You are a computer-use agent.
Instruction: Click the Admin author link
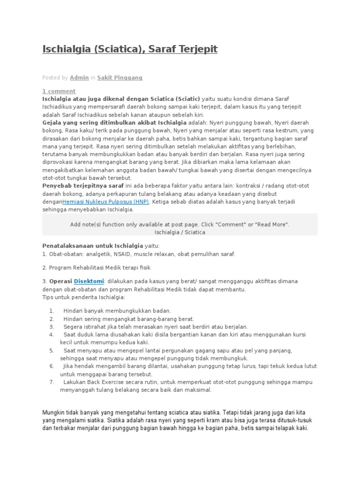point(79,77)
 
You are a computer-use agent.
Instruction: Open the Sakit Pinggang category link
point(120,77)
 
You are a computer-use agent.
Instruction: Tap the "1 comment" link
point(59,91)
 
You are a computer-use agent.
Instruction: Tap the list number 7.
point(52,382)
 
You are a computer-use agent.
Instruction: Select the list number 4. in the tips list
point(52,335)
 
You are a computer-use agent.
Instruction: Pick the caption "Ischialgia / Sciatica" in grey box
point(180,232)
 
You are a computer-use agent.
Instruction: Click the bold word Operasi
point(60,281)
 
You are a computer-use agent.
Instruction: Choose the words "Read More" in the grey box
point(271,225)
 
